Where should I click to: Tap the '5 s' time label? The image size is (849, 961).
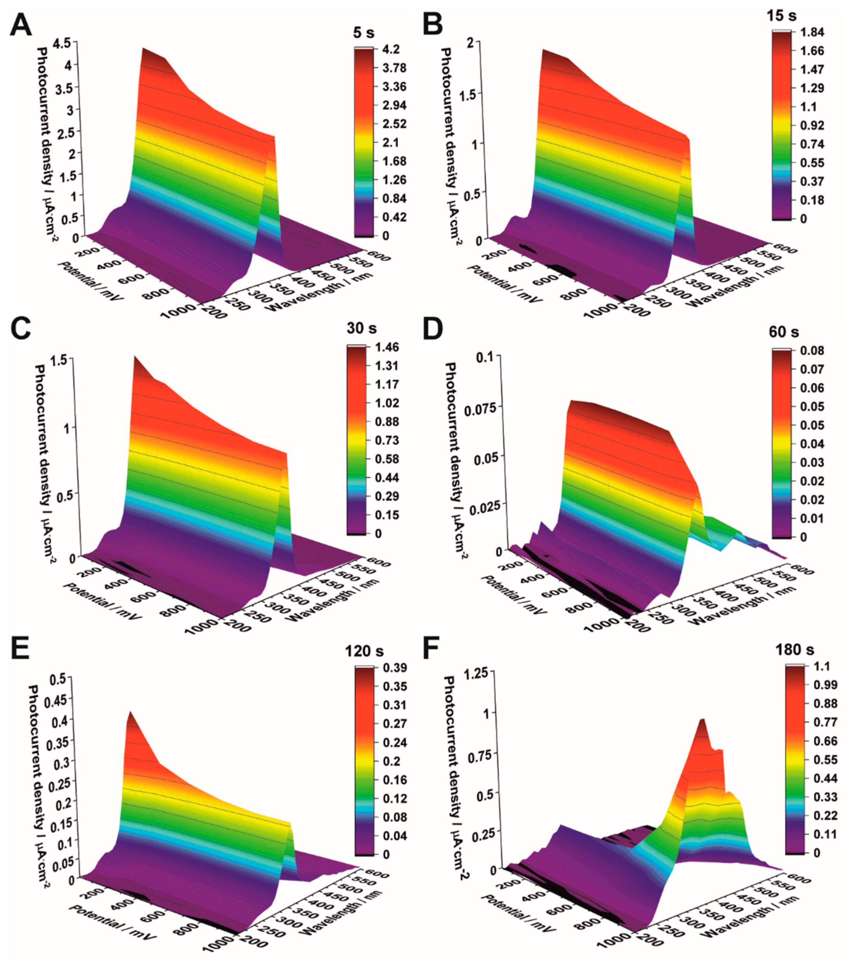click(x=364, y=33)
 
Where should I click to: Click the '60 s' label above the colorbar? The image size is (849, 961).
click(x=784, y=332)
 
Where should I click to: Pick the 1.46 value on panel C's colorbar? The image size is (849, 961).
click(x=387, y=348)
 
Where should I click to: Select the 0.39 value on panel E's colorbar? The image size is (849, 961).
click(x=394, y=667)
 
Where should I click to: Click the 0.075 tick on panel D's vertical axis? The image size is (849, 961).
click(x=478, y=408)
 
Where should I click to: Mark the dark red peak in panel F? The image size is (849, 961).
click(x=702, y=723)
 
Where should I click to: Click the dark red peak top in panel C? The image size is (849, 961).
click(x=136, y=360)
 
